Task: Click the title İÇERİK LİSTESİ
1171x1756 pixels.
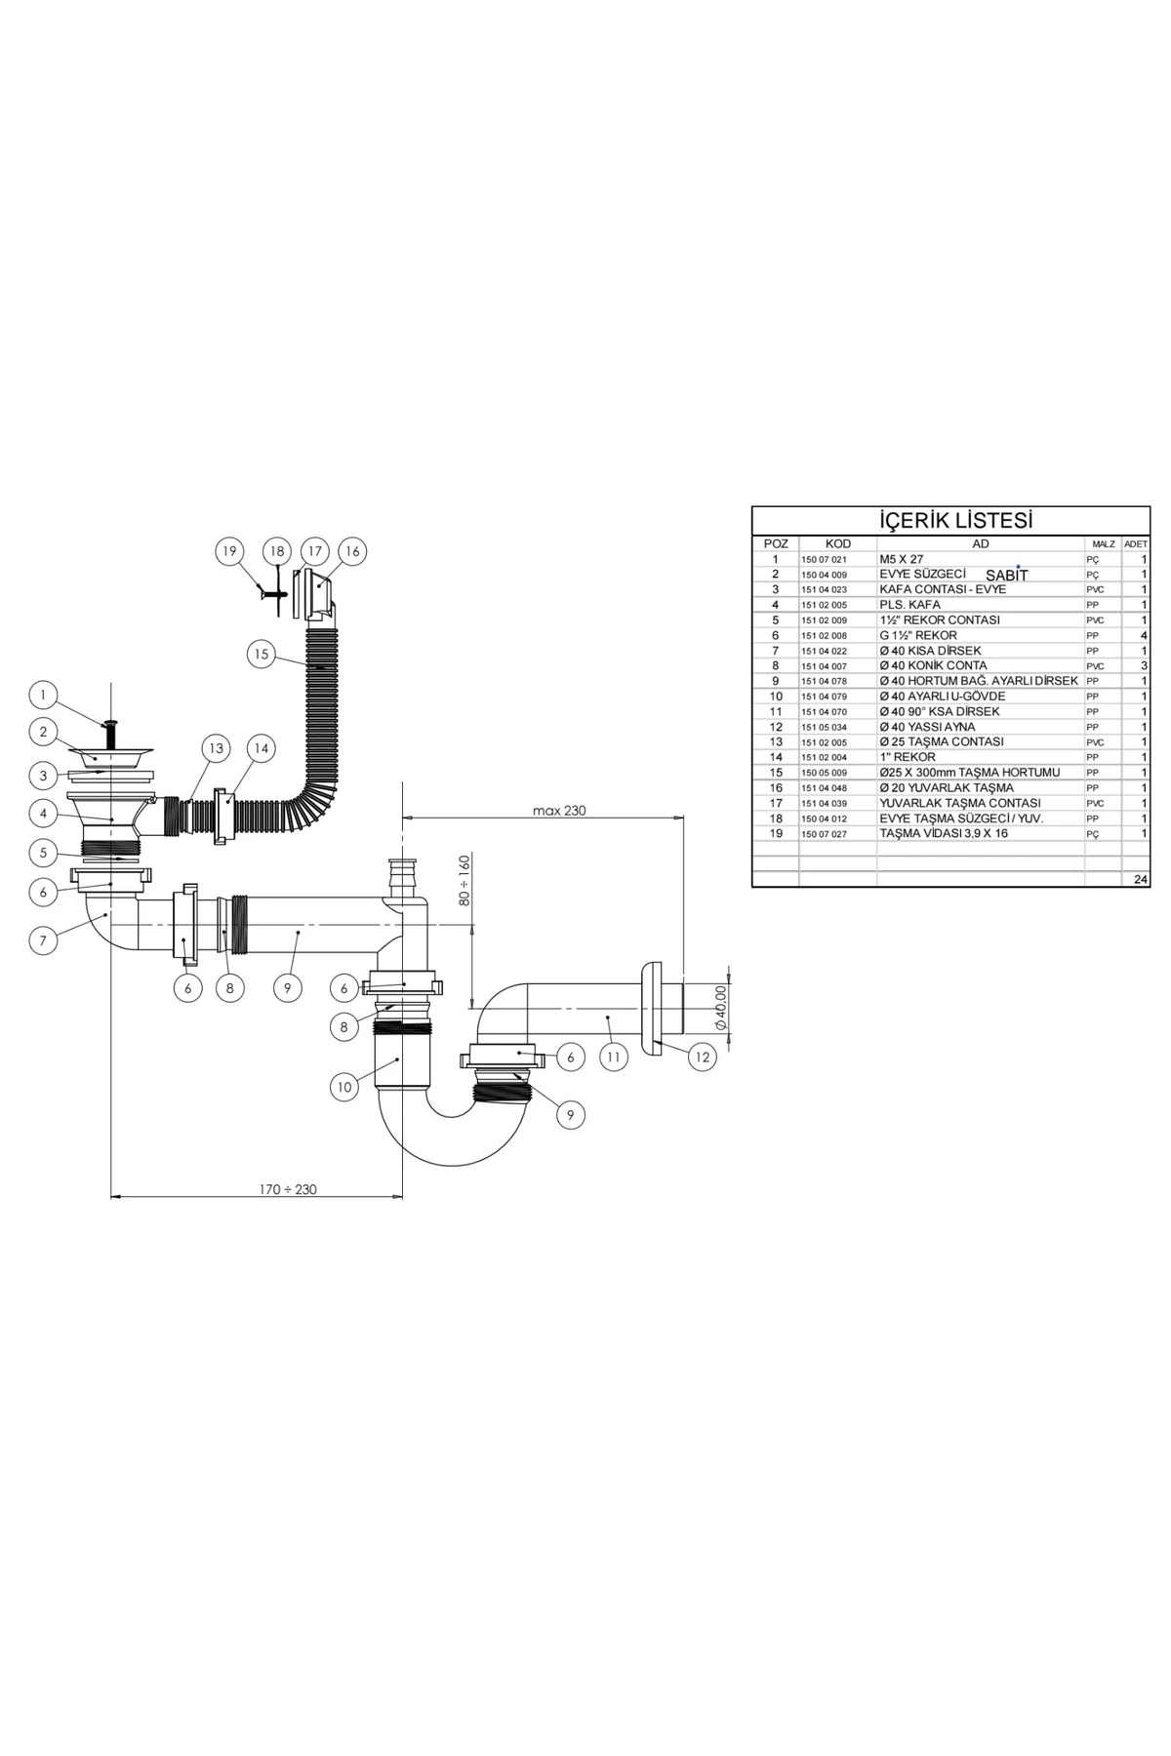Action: (x=956, y=520)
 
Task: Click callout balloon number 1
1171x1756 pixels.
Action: (x=43, y=696)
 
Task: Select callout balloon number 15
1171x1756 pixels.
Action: (x=261, y=654)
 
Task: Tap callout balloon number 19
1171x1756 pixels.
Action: (x=229, y=551)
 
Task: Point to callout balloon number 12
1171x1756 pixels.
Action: (x=703, y=1057)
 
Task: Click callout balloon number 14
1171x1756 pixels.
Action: (x=260, y=748)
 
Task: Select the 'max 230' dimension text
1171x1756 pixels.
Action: (x=559, y=810)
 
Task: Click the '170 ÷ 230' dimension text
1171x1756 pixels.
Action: (x=288, y=1189)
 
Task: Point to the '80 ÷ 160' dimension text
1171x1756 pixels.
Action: (x=465, y=880)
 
